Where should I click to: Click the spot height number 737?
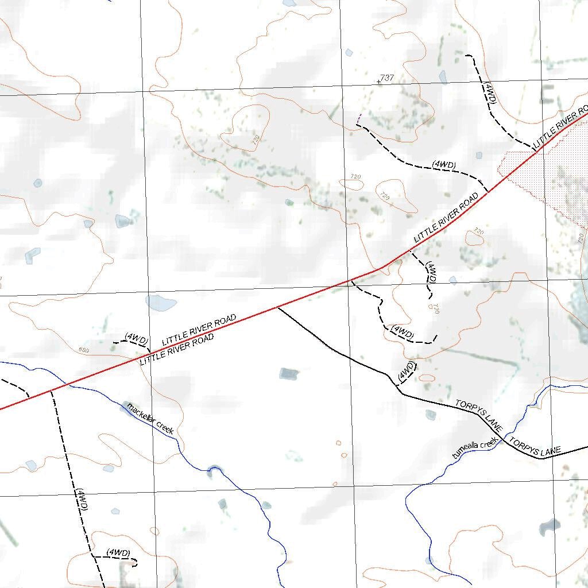click(387, 78)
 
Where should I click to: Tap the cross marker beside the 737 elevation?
click(378, 82)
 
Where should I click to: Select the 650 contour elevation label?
click(84, 350)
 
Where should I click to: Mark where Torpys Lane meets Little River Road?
click(278, 308)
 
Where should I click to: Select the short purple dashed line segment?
click(359, 119)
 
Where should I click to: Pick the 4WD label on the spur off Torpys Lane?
click(406, 370)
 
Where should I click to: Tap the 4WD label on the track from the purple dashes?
click(444, 165)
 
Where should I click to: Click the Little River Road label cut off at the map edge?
click(560, 126)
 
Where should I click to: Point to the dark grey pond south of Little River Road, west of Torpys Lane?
click(289, 374)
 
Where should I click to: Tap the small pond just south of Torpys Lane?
click(431, 415)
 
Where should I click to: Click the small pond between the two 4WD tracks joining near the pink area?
click(479, 154)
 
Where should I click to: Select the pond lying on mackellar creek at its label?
click(126, 405)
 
